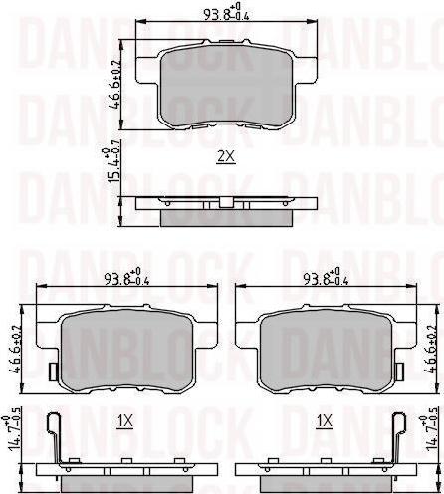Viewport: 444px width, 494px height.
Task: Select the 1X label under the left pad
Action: click(124, 421)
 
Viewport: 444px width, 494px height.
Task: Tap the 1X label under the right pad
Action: click(324, 421)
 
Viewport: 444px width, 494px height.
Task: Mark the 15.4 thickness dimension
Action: click(112, 164)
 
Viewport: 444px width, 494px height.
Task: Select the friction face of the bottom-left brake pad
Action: click(124, 344)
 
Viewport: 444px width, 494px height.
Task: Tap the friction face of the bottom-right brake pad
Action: click(324, 344)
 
